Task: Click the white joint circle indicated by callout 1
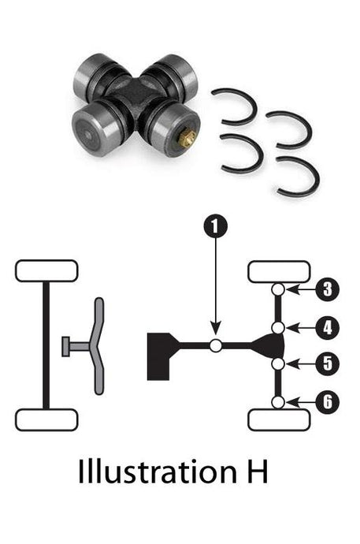[215, 345]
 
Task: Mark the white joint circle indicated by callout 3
[278, 290]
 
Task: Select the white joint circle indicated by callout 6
[278, 402]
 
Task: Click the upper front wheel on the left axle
[46, 270]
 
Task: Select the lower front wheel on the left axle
[46, 419]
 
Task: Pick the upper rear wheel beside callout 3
[279, 271]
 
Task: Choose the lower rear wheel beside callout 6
[279, 419]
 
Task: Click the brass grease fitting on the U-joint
[187, 140]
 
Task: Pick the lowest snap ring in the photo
[298, 178]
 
